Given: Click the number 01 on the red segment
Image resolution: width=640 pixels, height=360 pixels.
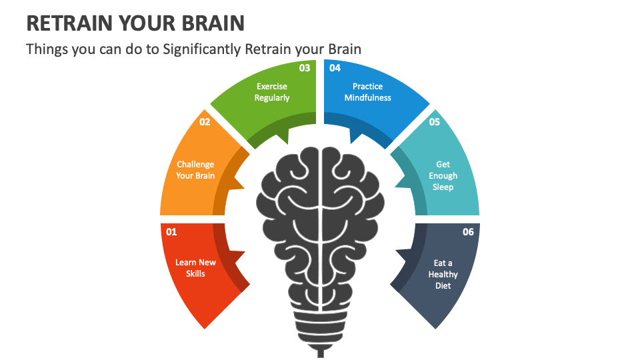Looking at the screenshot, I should coord(171,232).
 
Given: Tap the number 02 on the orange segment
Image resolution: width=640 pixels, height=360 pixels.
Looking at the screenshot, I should coord(205,122).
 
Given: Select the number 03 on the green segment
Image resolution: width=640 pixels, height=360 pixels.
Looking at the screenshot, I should coord(305,68).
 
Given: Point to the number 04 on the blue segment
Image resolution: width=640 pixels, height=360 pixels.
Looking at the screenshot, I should coord(335,68).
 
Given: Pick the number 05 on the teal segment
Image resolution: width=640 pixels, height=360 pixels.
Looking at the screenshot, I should coord(435,122).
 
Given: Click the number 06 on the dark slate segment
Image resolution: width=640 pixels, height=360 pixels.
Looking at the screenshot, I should coord(468,232).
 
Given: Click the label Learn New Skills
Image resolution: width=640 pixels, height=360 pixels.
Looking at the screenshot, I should coord(195,268).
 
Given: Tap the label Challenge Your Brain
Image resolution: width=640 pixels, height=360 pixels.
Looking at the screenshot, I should coord(195,170).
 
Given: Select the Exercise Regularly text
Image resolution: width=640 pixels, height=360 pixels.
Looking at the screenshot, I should coord(272,92).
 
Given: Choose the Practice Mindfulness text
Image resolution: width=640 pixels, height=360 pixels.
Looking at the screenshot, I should coord(367,92).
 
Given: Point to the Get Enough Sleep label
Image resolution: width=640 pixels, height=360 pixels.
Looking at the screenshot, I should coord(443,175).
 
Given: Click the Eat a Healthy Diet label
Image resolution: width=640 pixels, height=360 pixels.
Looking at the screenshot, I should coord(443,274).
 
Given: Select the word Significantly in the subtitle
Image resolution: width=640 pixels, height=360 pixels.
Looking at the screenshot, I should coord(201,49).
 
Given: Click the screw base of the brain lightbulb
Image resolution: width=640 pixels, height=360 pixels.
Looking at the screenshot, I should coord(319,337).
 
